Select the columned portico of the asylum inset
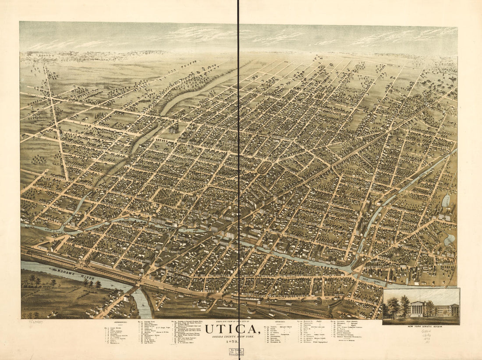pyautogui.click(x=417, y=310)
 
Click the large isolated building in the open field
pyautogui.click(x=174, y=128)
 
